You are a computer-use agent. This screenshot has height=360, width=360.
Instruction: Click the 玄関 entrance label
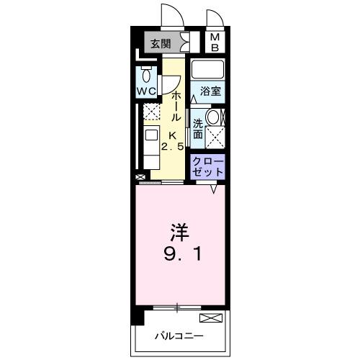point(161,43)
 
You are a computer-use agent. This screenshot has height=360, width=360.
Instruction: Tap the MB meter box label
point(215,43)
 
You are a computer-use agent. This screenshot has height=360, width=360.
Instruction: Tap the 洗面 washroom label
point(197,123)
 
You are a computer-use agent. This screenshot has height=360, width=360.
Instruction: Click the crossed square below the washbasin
point(215,136)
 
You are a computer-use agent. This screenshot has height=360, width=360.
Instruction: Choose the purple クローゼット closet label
point(208,166)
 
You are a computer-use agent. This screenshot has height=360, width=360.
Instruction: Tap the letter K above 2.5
point(173,135)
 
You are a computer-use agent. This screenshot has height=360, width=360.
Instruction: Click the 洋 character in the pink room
point(179,232)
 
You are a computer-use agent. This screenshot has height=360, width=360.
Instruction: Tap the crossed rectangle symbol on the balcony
point(210,317)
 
